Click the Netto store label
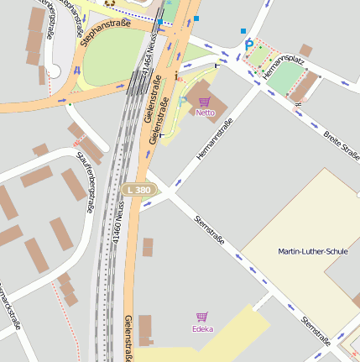(x=206, y=112)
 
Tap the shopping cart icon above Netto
(x=206, y=101)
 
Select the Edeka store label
(x=202, y=328)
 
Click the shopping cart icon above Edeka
(x=202, y=317)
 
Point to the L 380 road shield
(x=139, y=191)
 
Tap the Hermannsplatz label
(x=282, y=67)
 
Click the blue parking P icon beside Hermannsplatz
(x=248, y=45)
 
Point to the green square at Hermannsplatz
(x=285, y=78)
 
